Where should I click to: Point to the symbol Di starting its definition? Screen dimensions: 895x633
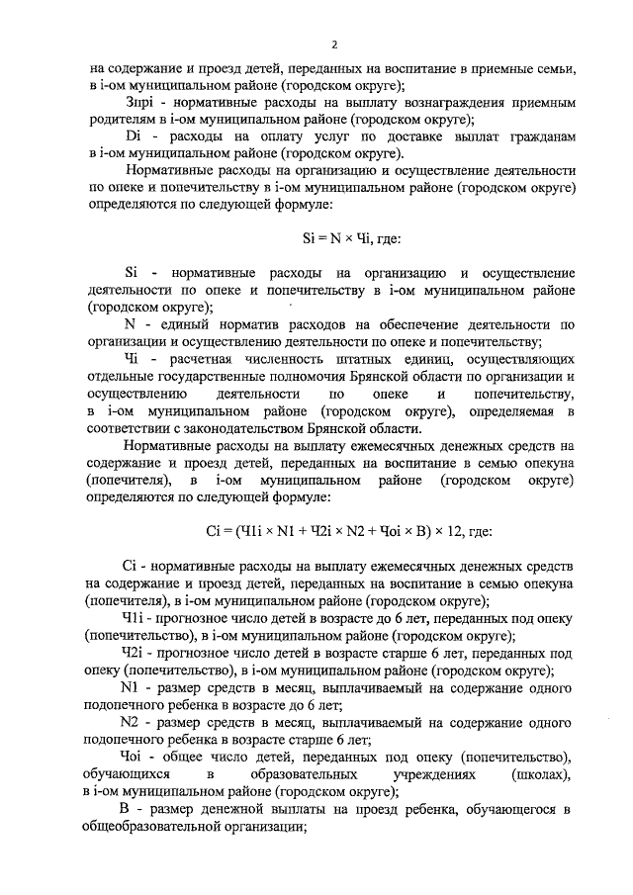(136, 134)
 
